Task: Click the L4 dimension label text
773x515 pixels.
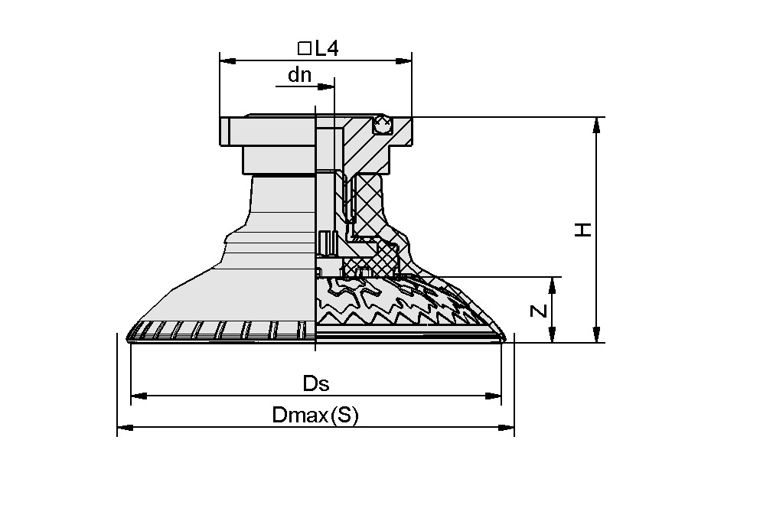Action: pos(327,49)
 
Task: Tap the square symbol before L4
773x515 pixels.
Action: pos(304,49)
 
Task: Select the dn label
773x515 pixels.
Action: pos(299,75)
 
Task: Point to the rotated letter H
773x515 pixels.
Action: pos(584,230)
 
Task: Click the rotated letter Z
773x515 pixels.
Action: pos(539,311)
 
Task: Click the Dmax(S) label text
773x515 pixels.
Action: pos(315,416)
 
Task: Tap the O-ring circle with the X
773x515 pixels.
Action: pos(382,123)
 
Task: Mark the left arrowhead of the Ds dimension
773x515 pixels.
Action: pos(139,396)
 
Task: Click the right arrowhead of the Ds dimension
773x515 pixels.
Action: pos(494,396)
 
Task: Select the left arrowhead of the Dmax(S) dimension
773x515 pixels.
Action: pos(125,427)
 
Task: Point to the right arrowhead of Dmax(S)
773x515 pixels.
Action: pos(507,427)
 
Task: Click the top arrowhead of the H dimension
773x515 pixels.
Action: pos(596,125)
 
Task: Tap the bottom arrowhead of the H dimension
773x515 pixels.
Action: pos(596,335)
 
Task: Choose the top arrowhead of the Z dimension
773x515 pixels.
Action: pos(550,285)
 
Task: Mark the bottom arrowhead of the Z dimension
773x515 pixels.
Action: pos(550,335)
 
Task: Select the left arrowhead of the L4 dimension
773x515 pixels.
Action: pos(227,60)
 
